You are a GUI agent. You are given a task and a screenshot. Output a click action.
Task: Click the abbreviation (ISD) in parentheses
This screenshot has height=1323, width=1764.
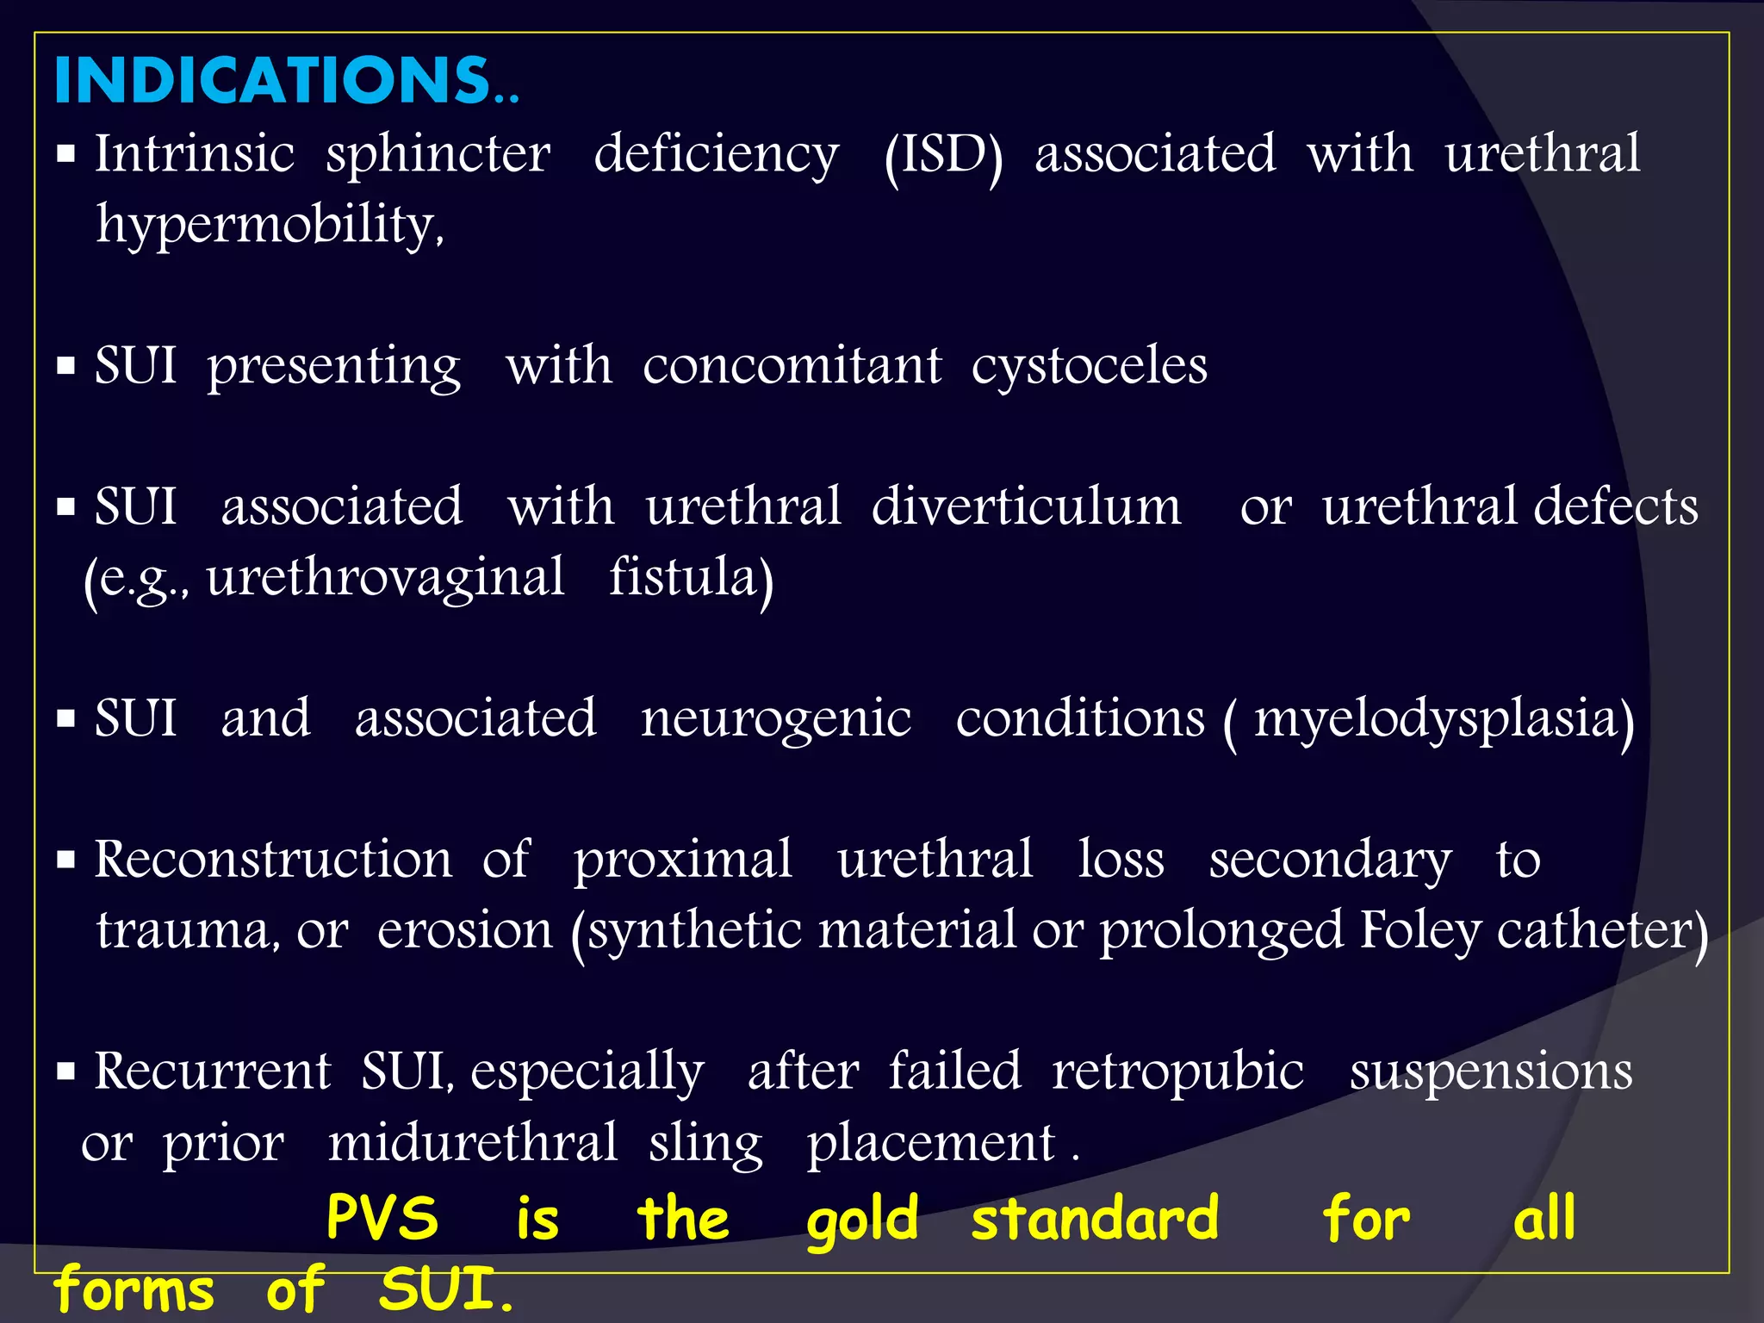(x=944, y=155)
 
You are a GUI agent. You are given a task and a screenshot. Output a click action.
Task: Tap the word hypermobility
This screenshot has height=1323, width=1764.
(x=270, y=225)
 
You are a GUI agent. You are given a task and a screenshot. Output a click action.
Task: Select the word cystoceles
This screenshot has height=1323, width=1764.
(x=1089, y=367)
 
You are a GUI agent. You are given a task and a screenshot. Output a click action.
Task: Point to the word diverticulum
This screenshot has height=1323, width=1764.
(x=1026, y=507)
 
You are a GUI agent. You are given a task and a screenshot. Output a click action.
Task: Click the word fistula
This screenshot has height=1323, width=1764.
(x=691, y=578)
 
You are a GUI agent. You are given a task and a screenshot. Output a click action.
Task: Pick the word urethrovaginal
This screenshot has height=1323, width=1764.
(x=385, y=578)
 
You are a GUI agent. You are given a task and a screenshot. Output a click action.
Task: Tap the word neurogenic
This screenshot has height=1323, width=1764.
(x=775, y=719)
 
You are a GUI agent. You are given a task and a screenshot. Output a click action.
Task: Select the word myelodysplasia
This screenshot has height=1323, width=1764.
(x=1443, y=719)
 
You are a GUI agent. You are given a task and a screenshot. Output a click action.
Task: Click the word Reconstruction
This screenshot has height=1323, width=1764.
(x=272, y=860)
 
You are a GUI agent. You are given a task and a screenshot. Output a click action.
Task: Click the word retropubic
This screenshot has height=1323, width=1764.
(x=1177, y=1072)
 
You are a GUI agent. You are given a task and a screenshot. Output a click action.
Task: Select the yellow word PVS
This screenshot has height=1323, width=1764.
(x=382, y=1218)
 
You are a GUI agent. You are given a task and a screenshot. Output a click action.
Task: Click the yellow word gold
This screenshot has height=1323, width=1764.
(x=862, y=1220)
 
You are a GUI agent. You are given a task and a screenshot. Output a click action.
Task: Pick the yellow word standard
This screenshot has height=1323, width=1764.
(x=1094, y=1218)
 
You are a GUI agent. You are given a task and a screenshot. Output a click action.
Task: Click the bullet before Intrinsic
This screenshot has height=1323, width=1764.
(x=66, y=155)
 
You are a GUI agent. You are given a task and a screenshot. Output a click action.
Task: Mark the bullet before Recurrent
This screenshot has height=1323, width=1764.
(x=66, y=1072)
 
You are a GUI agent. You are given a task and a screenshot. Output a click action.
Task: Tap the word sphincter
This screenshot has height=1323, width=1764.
(x=438, y=155)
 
